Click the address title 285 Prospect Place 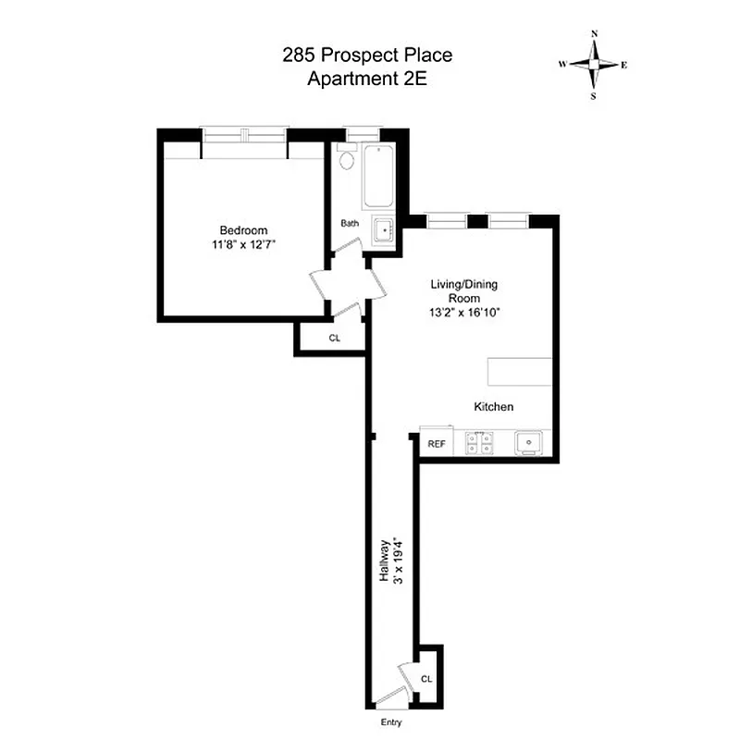tap(367, 55)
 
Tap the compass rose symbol tap(594, 64)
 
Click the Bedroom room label tap(243, 230)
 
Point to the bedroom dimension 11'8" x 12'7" tap(243, 245)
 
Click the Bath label tap(350, 223)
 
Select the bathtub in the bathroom tap(378, 177)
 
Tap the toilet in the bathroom tap(347, 161)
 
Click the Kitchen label tap(493, 407)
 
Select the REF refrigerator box tap(436, 444)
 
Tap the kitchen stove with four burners tap(480, 443)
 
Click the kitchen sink tap(530, 443)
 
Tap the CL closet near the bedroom tap(334, 339)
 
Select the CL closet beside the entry tap(426, 678)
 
